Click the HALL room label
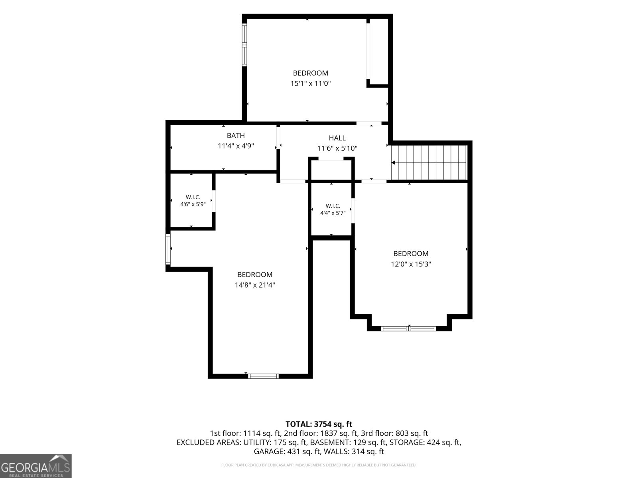pyautogui.click(x=337, y=138)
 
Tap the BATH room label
pyautogui.click(x=236, y=135)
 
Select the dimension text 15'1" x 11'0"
pyautogui.click(x=311, y=84)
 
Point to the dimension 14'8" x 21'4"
pyautogui.click(x=255, y=285)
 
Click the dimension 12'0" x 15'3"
pyautogui.click(x=411, y=264)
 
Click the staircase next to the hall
pyautogui.click(x=429, y=163)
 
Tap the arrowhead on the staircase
pyautogui.click(x=393, y=163)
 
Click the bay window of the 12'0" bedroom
pyautogui.click(x=408, y=329)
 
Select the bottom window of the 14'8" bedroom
pyautogui.click(x=263, y=376)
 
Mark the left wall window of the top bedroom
pyautogui.click(x=245, y=45)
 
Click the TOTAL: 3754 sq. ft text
pyautogui.click(x=319, y=424)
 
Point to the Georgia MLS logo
pyautogui.click(x=35, y=466)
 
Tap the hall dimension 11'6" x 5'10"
pyautogui.click(x=337, y=149)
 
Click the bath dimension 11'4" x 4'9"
pyautogui.click(x=236, y=146)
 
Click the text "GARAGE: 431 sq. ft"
pyautogui.click(x=287, y=452)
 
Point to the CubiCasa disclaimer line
pyautogui.click(x=319, y=465)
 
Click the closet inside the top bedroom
pyautogui.click(x=378, y=52)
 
